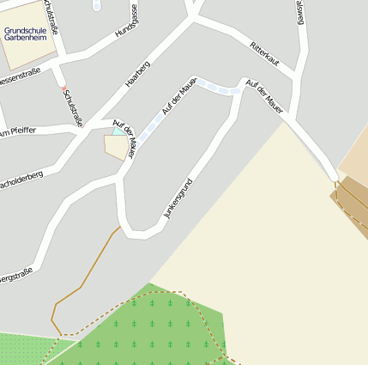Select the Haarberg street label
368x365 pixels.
(x=138, y=74)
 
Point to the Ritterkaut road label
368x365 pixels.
(x=265, y=53)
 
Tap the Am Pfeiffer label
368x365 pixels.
(x=18, y=131)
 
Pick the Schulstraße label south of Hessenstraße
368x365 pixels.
(x=73, y=108)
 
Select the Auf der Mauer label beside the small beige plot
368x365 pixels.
(x=125, y=140)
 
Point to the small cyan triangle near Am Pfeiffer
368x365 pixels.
(x=118, y=131)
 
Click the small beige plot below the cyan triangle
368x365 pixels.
(x=117, y=148)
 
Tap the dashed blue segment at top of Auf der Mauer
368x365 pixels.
(x=221, y=88)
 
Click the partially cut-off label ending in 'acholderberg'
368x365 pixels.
(x=21, y=179)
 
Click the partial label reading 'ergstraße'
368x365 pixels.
(x=16, y=276)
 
